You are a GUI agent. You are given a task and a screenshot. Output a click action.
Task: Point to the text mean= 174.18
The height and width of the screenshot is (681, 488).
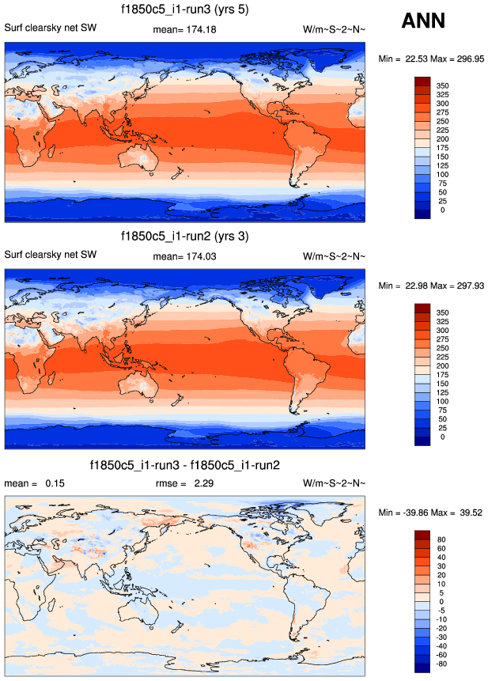184,29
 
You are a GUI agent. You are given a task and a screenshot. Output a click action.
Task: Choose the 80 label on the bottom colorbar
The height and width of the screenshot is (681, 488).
443,539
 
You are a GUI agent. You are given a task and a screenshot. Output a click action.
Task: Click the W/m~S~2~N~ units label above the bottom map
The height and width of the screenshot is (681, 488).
335,482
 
